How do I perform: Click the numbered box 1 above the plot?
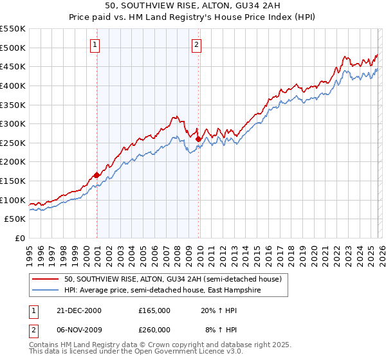click(95, 45)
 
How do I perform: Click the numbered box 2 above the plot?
click(196, 45)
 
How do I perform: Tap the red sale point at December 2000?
click(96, 175)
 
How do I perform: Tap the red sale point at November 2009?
click(198, 139)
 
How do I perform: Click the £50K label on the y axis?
click(15, 219)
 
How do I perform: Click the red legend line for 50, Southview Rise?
click(47, 279)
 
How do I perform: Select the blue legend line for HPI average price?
click(47, 291)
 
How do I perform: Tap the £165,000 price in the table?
click(154, 310)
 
